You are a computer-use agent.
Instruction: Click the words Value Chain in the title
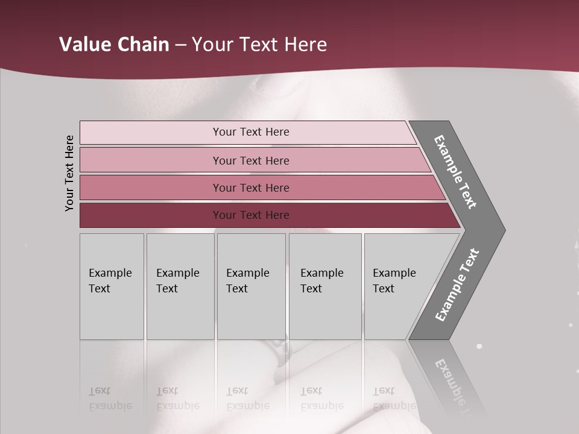click(x=114, y=45)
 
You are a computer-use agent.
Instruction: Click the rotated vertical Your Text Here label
click(x=69, y=174)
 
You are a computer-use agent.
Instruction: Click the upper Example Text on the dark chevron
click(x=455, y=172)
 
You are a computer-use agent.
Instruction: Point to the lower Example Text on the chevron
click(x=457, y=285)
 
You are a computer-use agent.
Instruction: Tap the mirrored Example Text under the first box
click(x=110, y=398)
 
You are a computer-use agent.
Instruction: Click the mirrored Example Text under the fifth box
click(x=394, y=398)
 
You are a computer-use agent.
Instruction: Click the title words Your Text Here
click(x=259, y=45)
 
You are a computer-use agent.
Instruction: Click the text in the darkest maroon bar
click(x=251, y=215)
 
